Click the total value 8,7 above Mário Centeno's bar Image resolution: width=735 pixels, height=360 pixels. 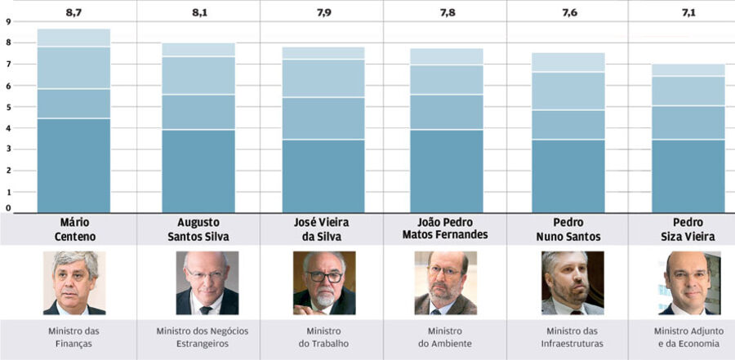point(74,14)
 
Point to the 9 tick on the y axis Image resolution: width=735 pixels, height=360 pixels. point(7,21)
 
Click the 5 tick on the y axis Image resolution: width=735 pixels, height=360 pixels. point(7,107)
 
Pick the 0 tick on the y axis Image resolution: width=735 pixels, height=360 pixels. point(7,208)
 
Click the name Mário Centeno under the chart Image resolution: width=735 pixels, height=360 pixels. point(74,229)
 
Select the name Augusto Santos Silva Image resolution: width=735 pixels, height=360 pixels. point(199,229)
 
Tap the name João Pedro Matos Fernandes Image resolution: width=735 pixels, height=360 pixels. point(445,229)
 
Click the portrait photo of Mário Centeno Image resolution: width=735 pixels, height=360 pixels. point(74,282)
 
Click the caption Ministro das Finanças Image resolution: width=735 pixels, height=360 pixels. point(74,337)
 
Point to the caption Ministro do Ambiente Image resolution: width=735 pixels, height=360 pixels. point(445,337)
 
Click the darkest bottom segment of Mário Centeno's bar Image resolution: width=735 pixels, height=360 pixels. point(74,165)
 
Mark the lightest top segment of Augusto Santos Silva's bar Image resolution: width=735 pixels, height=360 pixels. point(199,50)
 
